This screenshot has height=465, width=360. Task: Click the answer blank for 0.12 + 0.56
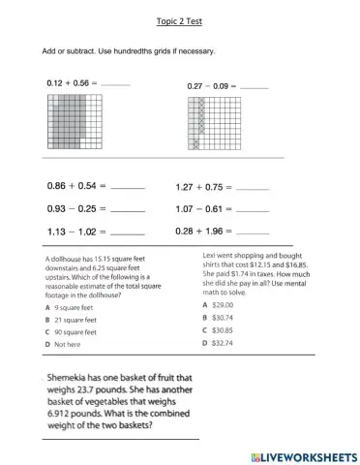tap(114, 85)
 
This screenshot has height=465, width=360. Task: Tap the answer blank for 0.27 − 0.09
tap(254, 87)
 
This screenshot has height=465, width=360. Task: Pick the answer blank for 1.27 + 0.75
tap(253, 188)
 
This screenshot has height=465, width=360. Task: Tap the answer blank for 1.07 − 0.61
tap(253, 210)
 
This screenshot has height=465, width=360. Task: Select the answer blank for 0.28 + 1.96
tap(253, 233)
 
